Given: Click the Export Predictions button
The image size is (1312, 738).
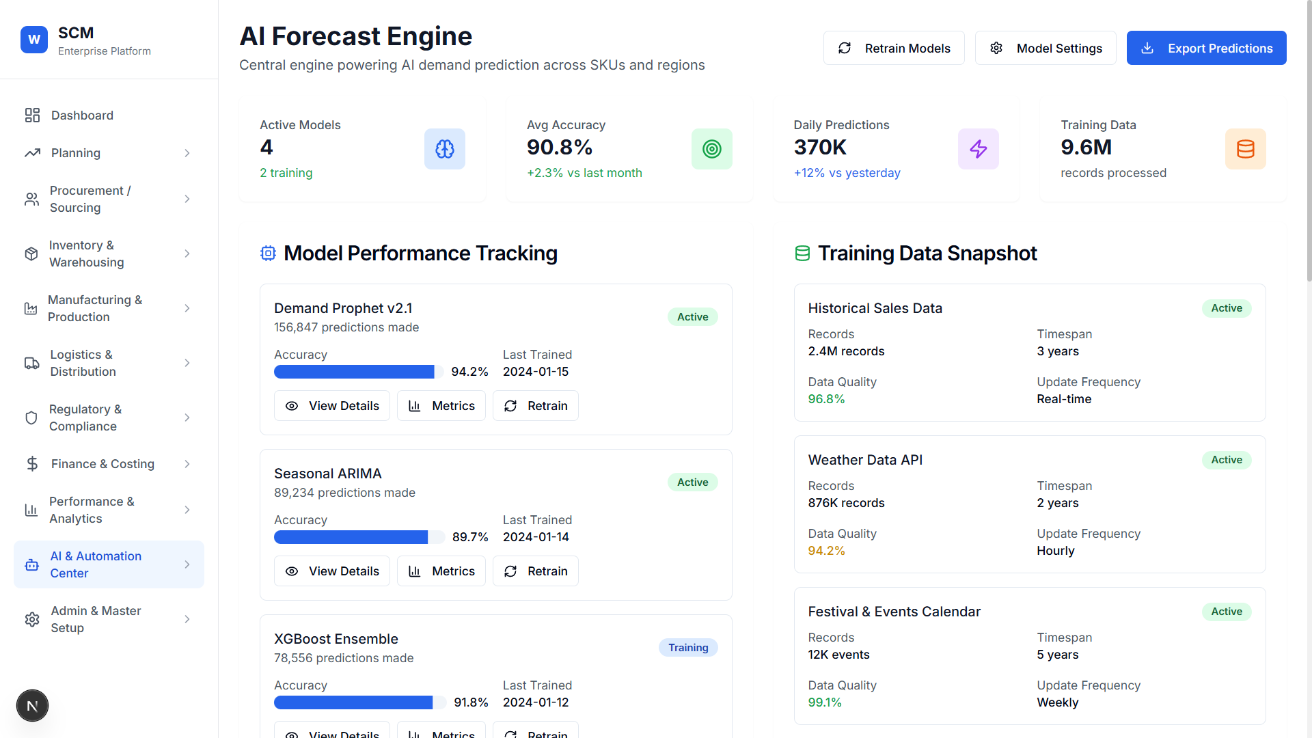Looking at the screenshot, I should pyautogui.click(x=1206, y=48).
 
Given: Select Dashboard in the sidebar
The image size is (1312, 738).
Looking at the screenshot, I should pyautogui.click(x=82, y=115).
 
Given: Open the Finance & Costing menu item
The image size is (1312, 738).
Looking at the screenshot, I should pyautogui.click(x=102, y=464).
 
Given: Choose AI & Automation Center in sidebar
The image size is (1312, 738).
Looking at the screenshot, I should pyautogui.click(x=96, y=564).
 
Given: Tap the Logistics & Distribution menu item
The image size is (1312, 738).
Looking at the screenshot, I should pyautogui.click(x=83, y=363).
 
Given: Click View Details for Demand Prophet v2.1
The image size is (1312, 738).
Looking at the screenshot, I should pyautogui.click(x=331, y=406).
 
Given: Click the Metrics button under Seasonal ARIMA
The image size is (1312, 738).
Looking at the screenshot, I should pyautogui.click(x=441, y=571).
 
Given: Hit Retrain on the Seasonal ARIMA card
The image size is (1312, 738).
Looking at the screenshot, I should pyautogui.click(x=535, y=571).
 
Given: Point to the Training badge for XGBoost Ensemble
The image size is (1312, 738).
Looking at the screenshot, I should pyautogui.click(x=687, y=648).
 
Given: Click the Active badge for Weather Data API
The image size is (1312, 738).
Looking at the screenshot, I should pyautogui.click(x=1226, y=460).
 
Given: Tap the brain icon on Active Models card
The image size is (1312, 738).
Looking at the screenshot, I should pyautogui.click(x=444, y=149).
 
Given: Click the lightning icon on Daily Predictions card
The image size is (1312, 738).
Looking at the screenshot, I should pyautogui.click(x=978, y=149).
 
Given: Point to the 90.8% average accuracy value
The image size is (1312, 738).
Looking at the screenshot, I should pyautogui.click(x=559, y=148).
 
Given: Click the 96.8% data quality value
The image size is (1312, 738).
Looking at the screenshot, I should pyautogui.click(x=826, y=399).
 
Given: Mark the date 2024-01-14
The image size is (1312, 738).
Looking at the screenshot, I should pyautogui.click(x=536, y=537).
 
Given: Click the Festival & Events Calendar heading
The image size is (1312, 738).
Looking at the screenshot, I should pyautogui.click(x=894, y=612).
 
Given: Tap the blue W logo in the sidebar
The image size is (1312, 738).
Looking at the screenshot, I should pyautogui.click(x=34, y=40).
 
